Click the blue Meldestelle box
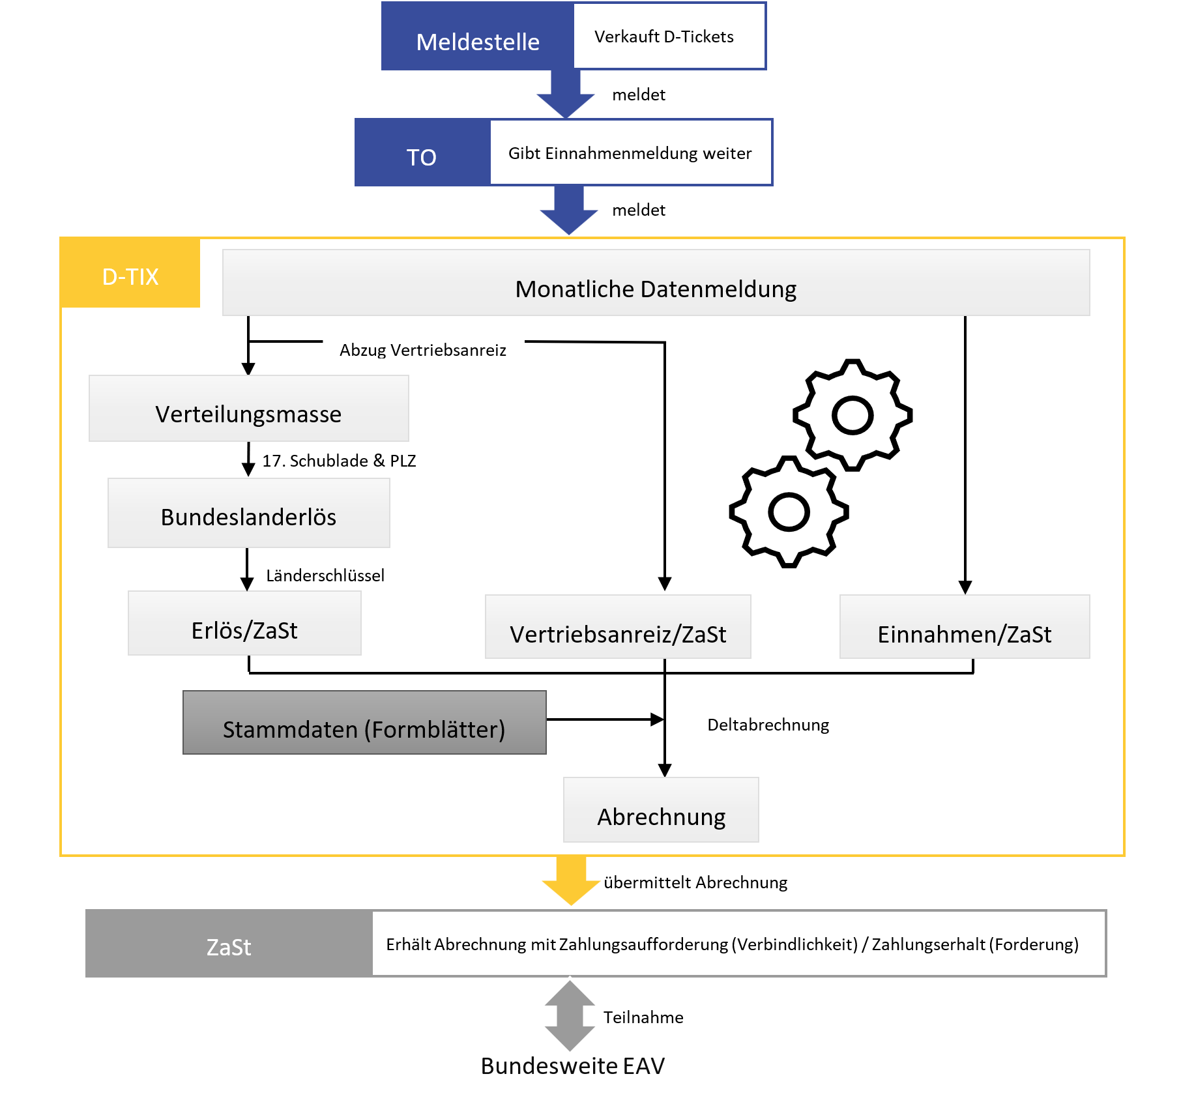coord(477,36)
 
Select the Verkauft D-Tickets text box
coord(669,36)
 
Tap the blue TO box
coord(422,152)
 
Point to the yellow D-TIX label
coord(130,274)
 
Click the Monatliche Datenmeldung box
coord(656,283)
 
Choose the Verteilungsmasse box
coord(248,409)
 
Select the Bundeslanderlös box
coord(248,513)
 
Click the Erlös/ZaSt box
coord(244,624)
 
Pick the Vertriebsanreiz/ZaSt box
coord(618,627)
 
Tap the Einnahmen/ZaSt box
coord(965,627)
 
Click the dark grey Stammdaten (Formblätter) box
coord(364,723)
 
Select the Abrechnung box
coord(661,810)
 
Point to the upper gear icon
coord(853,415)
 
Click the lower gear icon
coord(789,512)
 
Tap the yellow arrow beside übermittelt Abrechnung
coord(571,880)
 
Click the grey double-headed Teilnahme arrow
coord(570,1015)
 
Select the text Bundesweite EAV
coord(572,1066)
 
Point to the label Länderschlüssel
coord(325,575)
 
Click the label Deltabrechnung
coord(768,725)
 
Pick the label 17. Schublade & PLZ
coord(339,461)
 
